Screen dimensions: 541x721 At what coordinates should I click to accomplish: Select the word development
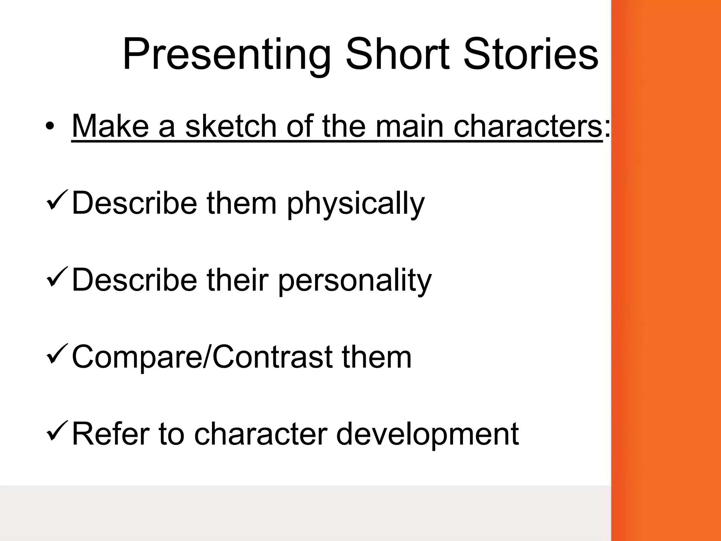pos(427,434)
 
